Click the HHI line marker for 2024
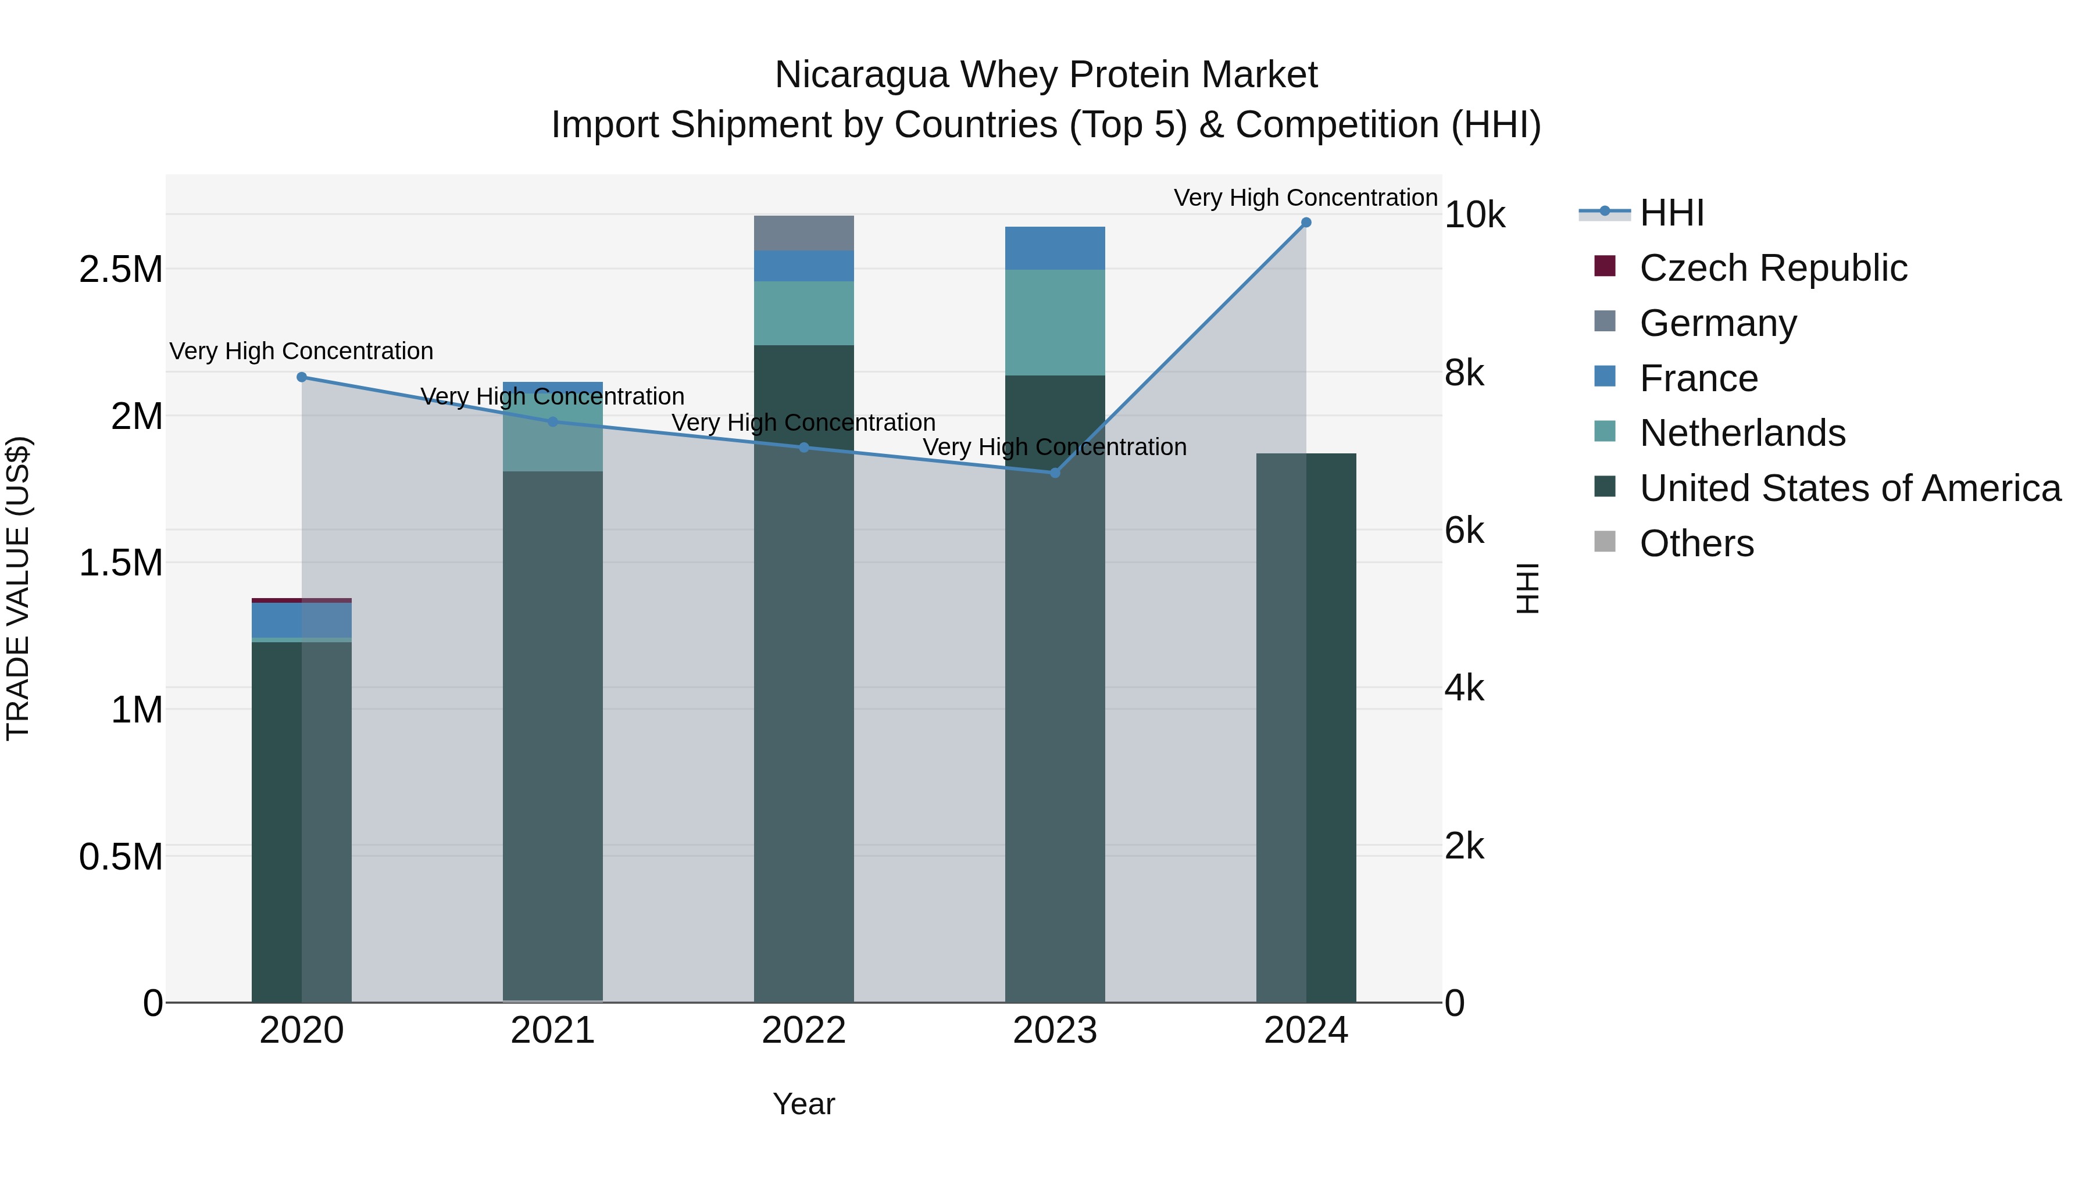(1306, 223)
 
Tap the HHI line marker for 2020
(301, 377)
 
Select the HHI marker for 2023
(1055, 473)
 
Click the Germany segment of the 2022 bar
(803, 233)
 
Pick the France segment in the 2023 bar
(1055, 248)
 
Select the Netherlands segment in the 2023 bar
(1055, 323)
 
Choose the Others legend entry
(1696, 543)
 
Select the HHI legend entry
(1671, 213)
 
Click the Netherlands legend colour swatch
(1605, 431)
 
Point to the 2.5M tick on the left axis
(120, 270)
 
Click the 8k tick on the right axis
(1464, 374)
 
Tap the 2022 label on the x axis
(803, 1031)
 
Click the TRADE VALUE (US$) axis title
(18, 588)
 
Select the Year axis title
(803, 1104)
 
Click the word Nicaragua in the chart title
(861, 75)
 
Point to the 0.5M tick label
(120, 857)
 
